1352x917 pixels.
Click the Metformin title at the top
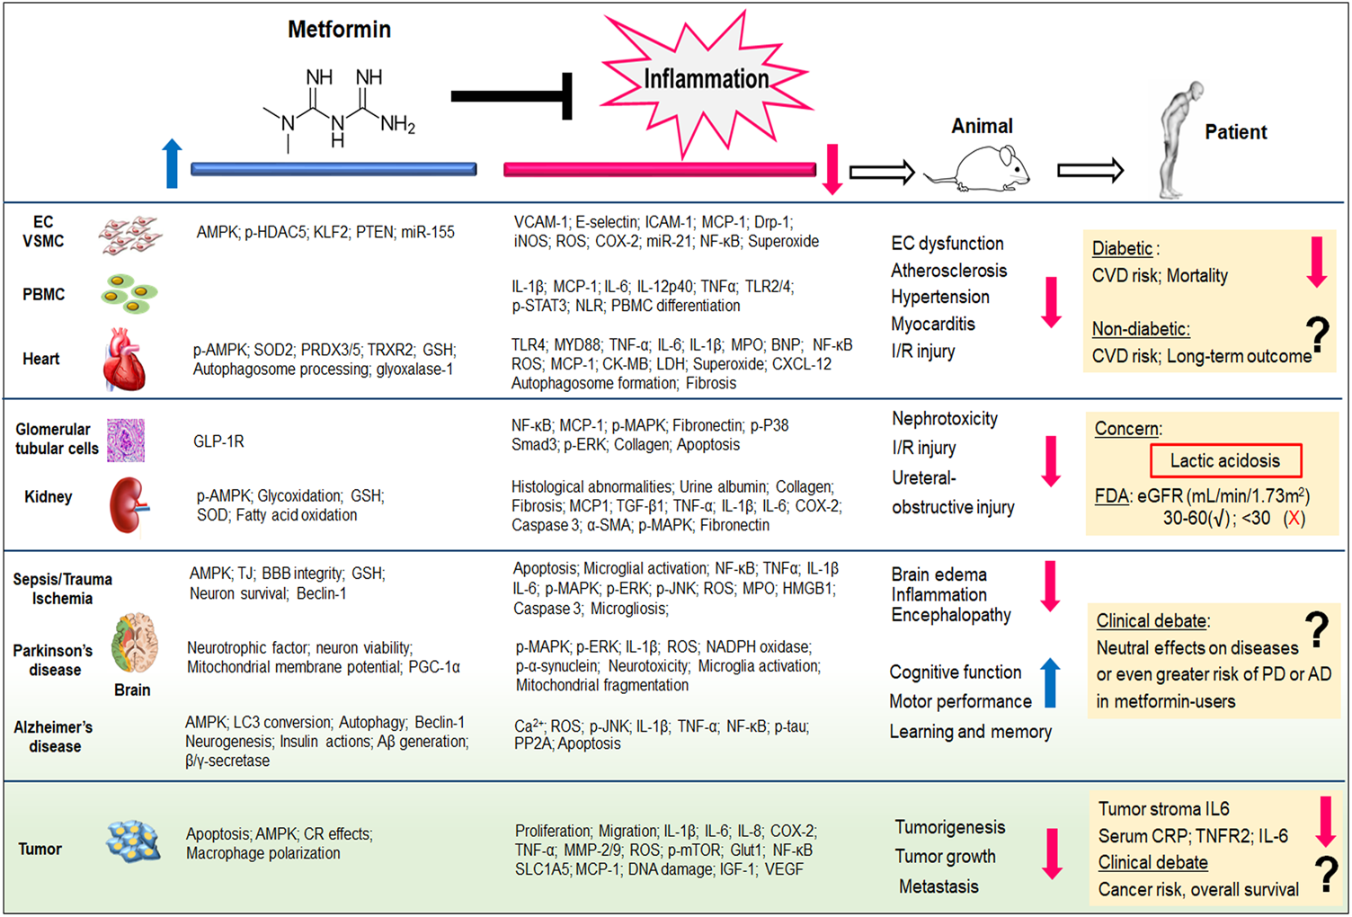point(339,30)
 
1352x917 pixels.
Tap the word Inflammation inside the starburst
point(706,79)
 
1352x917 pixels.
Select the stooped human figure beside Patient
point(1178,139)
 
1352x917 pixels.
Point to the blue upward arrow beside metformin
point(172,164)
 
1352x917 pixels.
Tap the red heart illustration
point(125,360)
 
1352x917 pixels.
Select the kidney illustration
point(127,506)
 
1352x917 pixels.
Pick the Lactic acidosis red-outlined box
point(1224,461)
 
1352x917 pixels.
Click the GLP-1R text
point(218,441)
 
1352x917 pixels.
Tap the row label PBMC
point(43,294)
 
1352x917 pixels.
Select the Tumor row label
point(40,849)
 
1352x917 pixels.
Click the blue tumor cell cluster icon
point(133,841)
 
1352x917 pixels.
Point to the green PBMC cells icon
point(129,294)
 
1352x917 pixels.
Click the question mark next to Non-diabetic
point(1318,334)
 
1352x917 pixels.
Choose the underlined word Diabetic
point(1122,249)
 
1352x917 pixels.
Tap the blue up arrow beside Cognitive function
point(1049,682)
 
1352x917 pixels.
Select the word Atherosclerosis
point(948,271)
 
